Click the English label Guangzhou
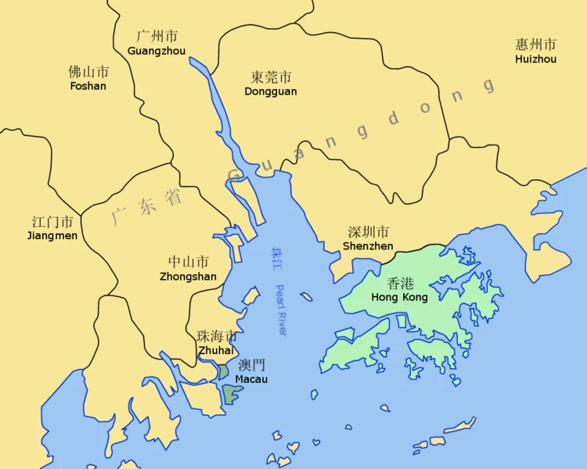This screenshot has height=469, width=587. (x=157, y=50)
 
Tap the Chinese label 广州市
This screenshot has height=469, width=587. (x=157, y=36)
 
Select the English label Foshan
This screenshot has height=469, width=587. (x=88, y=86)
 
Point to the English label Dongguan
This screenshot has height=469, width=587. (x=271, y=91)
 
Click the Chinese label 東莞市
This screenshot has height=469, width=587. (x=271, y=77)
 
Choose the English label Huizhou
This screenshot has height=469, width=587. (x=536, y=59)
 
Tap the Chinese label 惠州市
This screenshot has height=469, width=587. (x=536, y=45)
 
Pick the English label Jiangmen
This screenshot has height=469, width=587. (x=52, y=235)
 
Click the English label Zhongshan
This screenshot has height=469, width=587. (x=188, y=276)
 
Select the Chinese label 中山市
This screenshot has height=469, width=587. (x=188, y=262)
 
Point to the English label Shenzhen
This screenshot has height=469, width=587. (x=368, y=246)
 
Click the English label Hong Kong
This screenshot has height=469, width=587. (x=399, y=298)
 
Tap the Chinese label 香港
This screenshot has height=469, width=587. (x=400, y=284)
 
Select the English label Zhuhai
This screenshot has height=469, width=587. (x=217, y=350)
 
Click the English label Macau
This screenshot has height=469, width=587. (x=251, y=379)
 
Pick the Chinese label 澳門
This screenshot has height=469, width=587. (x=251, y=365)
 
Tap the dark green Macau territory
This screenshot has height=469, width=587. (x=230, y=392)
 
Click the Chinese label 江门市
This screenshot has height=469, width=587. (x=52, y=221)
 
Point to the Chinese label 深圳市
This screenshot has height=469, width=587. (x=368, y=232)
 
